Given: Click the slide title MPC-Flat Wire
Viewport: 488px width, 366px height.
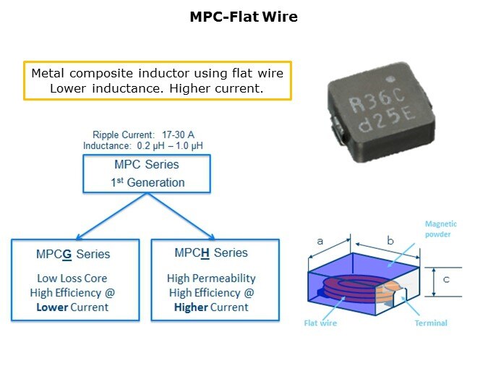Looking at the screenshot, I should [244, 16].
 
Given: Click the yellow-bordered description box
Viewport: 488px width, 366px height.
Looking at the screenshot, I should [157, 80].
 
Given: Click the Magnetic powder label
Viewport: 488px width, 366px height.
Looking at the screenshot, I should [440, 229].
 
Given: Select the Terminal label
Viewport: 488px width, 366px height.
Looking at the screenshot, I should [430, 323].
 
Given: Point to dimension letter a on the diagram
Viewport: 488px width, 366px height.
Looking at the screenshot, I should [320, 241].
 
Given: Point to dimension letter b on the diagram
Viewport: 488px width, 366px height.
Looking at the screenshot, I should [390, 240].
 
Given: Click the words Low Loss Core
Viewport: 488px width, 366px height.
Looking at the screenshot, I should [73, 278].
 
